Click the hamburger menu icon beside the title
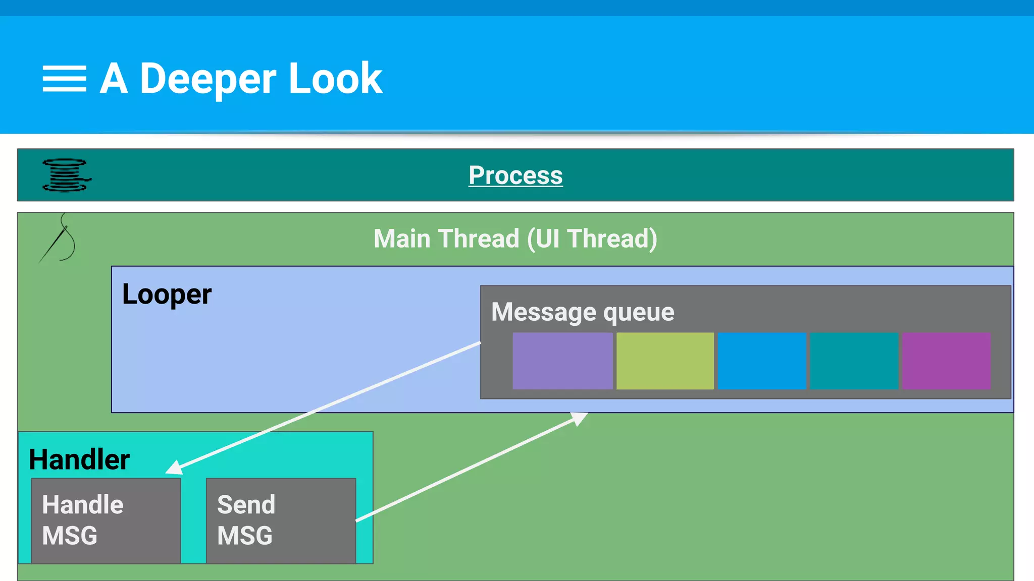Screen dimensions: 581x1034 (64, 79)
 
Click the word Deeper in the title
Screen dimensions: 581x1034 (208, 79)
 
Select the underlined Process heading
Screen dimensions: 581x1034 (515, 176)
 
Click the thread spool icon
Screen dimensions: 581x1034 (66, 176)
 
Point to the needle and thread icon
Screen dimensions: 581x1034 (59, 238)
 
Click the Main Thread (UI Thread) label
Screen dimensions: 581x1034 (515, 239)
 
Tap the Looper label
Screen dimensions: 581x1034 (167, 295)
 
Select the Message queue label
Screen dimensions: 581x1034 (583, 312)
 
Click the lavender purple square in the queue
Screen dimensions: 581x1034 (562, 361)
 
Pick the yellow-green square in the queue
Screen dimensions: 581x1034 (665, 361)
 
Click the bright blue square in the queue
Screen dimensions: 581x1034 (761, 361)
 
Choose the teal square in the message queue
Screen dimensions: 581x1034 (853, 361)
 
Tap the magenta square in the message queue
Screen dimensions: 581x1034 (946, 361)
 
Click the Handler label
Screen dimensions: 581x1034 (79, 459)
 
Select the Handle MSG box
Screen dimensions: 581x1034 (106, 520)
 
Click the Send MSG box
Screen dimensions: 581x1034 (281, 520)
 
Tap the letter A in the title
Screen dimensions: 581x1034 (114, 79)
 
